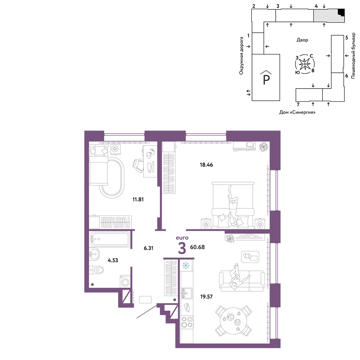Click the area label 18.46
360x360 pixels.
[206, 165]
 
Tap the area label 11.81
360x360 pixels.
[138, 199]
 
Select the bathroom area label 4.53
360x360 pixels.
[113, 260]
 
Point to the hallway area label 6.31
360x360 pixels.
[148, 248]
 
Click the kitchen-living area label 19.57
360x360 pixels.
[206, 297]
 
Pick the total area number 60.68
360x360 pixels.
[197, 247]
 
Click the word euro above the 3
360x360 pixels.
[182, 238]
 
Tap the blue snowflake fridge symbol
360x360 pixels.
[186, 266]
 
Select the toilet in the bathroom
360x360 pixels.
[96, 270]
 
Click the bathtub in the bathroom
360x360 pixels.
[110, 239]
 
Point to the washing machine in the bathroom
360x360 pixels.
[125, 282]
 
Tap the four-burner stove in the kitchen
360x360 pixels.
[187, 322]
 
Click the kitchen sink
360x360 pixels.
[186, 293]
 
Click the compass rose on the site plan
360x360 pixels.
[305, 64]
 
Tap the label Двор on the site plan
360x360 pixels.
[302, 40]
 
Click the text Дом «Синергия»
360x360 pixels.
[297, 112]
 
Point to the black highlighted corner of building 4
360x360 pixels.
[342, 12]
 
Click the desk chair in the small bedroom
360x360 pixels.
[138, 166]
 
